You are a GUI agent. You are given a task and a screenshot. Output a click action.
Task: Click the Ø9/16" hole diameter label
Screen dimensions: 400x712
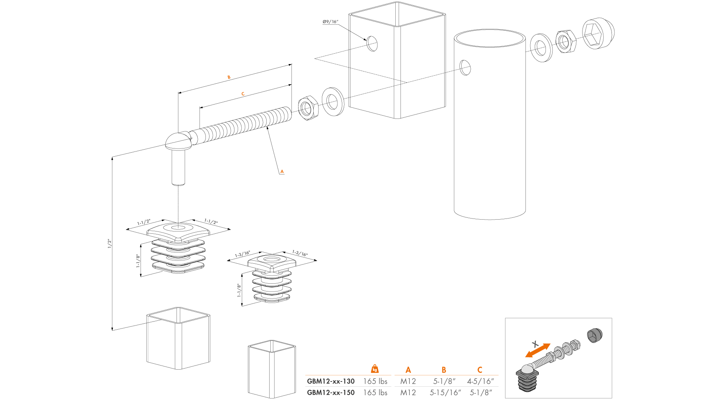point(330,22)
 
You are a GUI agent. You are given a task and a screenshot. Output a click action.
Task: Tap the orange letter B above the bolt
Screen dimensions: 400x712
point(229,77)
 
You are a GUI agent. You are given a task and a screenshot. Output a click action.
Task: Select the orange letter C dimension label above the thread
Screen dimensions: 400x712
point(243,94)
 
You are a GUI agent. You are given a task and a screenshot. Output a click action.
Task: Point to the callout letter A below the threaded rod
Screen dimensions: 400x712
point(282,171)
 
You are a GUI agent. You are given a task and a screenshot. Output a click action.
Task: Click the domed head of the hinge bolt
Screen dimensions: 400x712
point(178,141)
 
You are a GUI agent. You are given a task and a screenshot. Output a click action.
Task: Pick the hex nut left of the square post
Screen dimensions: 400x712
point(308,108)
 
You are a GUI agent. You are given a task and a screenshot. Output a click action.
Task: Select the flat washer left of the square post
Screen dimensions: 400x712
point(333,101)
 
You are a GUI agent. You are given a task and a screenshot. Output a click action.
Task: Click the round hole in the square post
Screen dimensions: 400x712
point(372,44)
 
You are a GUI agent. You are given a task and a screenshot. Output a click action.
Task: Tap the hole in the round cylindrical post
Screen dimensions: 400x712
point(465,67)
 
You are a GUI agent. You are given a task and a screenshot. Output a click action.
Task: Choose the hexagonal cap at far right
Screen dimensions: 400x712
point(597,34)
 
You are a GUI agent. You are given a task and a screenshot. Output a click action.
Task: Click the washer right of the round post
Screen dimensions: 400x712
point(541,47)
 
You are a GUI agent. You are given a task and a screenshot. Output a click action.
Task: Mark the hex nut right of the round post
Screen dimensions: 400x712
point(566,41)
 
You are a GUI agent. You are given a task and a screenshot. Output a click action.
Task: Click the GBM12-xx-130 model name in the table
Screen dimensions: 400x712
point(330,381)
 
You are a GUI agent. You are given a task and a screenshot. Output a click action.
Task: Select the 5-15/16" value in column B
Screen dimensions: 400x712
point(445,393)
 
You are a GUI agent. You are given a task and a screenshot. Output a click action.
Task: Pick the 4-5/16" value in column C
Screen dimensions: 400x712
point(480,381)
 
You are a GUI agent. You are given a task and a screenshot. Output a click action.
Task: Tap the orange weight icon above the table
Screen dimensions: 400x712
point(375,369)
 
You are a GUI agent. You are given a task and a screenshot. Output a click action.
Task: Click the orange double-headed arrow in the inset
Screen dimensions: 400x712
point(538,350)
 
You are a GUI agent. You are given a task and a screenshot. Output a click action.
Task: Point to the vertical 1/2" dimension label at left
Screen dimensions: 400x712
point(109,243)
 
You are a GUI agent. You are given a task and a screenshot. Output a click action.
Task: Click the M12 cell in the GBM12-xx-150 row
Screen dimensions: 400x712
point(408,393)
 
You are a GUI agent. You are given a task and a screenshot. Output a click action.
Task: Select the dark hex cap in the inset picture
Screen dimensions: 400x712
point(595,335)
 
